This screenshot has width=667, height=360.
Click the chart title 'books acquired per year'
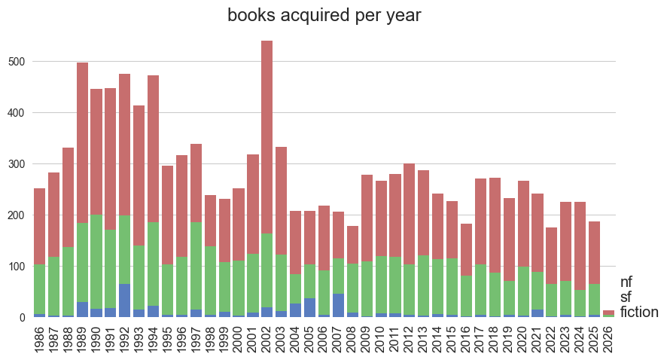point(324,15)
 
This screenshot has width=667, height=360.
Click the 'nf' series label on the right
point(626,282)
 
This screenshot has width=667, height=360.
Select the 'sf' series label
point(626,297)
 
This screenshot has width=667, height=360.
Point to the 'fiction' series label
point(639,313)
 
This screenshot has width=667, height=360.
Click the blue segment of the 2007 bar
point(338,306)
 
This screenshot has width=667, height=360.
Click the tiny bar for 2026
point(608,313)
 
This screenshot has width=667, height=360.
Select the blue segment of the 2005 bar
point(309,308)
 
